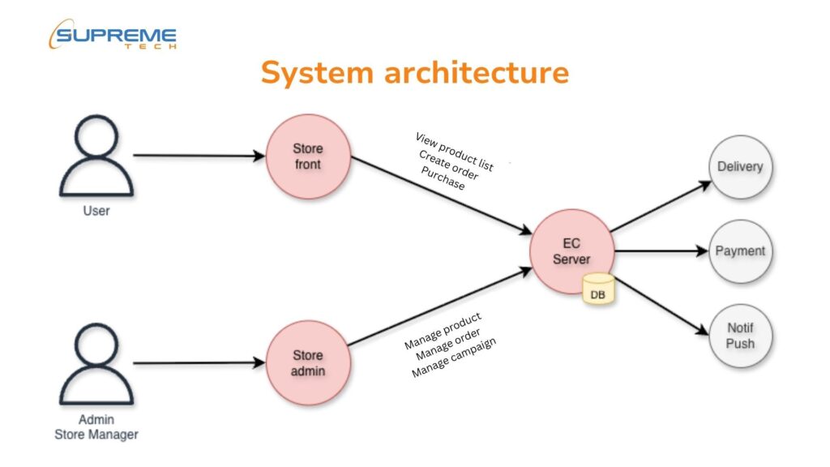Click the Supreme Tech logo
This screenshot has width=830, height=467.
(x=113, y=37)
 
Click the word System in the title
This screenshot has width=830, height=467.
(x=315, y=73)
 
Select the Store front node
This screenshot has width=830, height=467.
(x=307, y=156)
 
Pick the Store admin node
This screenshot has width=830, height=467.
(x=307, y=363)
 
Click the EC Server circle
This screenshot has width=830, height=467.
(x=571, y=251)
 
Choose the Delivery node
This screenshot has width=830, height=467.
(x=739, y=167)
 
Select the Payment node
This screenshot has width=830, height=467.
(x=739, y=251)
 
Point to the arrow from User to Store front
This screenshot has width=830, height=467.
(x=199, y=155)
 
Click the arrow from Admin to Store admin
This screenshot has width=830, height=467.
(x=199, y=363)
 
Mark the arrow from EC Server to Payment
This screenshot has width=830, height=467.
(x=661, y=251)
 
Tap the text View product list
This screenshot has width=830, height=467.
(x=454, y=151)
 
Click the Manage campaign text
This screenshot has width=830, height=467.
(x=454, y=357)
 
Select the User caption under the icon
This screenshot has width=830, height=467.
(x=96, y=211)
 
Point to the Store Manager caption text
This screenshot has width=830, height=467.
(x=96, y=435)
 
